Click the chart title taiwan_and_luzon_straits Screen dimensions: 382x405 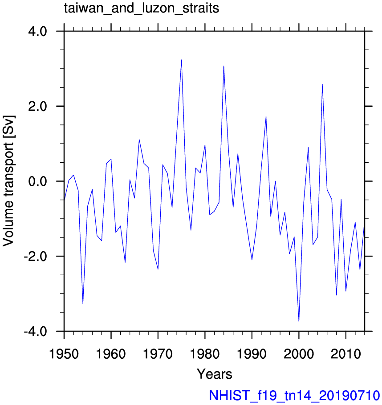coord(142,8)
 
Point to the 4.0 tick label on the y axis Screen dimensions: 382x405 coord(37,32)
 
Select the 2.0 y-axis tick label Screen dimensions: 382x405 coord(37,106)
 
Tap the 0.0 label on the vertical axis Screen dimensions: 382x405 coord(37,181)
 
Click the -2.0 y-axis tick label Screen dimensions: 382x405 coord(36,256)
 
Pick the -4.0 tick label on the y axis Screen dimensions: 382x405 coord(36,331)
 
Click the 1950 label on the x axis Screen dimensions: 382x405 coord(64,353)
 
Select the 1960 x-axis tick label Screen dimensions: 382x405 coord(111,353)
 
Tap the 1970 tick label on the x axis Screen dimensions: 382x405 coord(158,353)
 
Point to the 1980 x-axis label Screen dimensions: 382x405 coord(205,353)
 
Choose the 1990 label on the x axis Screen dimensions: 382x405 coord(252,353)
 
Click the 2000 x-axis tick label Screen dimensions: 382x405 coord(299,353)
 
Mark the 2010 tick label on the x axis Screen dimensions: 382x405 coord(346,353)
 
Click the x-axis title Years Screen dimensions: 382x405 coord(215,374)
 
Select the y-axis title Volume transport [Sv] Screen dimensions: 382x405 coord(8,181)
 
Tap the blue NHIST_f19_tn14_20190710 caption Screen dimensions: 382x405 coord(294,396)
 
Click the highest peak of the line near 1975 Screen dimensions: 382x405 coord(181,60)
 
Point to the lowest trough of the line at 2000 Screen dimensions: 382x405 coord(299,321)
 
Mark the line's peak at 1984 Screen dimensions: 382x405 coord(224,66)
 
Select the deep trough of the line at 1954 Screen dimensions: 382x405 coord(83,304)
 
